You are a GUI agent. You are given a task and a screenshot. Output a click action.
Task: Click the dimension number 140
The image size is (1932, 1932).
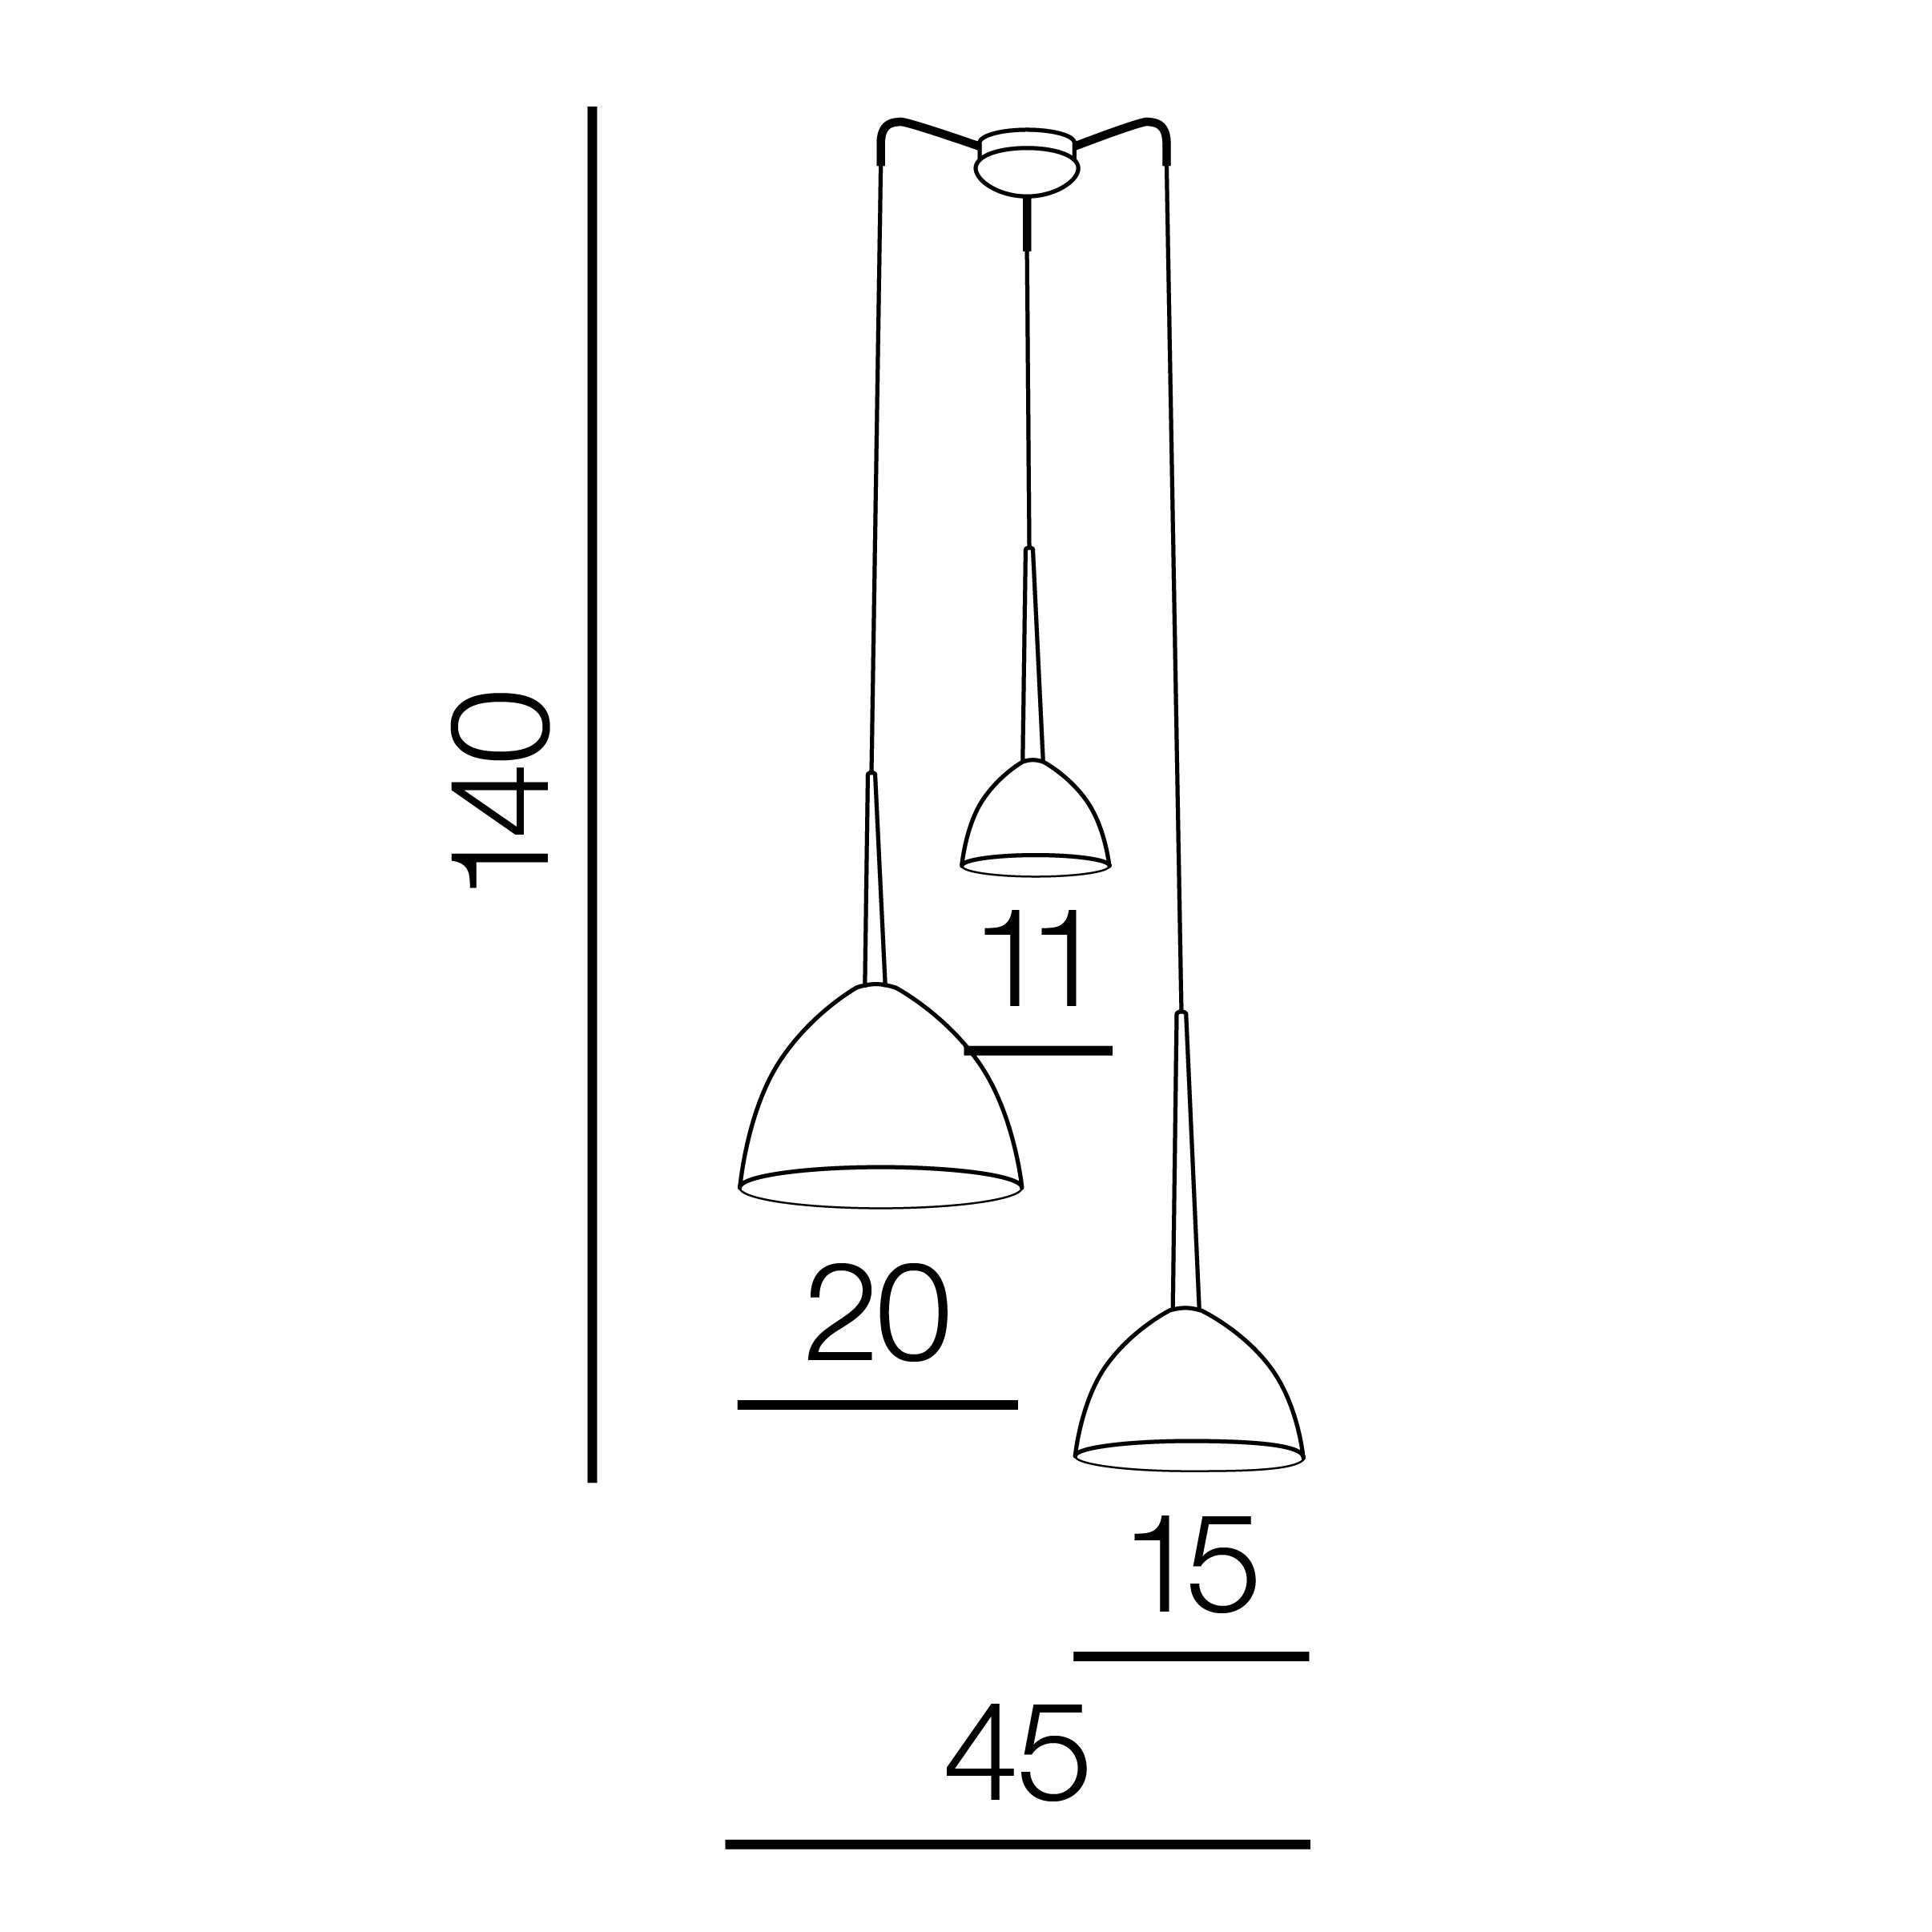[x=499, y=790]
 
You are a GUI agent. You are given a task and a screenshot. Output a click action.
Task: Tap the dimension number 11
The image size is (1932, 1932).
[x=1033, y=958]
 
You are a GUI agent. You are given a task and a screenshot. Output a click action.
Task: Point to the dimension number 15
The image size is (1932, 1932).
[x=1193, y=1565]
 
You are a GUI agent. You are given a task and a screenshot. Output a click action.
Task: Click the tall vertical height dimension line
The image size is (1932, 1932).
[x=592, y=794]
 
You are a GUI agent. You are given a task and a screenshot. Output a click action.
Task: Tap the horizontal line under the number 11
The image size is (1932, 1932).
[x=1038, y=1051]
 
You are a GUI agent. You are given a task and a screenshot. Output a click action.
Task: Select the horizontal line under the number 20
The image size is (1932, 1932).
[x=877, y=1405]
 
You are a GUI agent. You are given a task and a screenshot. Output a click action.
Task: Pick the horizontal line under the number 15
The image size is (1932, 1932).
[x=1191, y=1657]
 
